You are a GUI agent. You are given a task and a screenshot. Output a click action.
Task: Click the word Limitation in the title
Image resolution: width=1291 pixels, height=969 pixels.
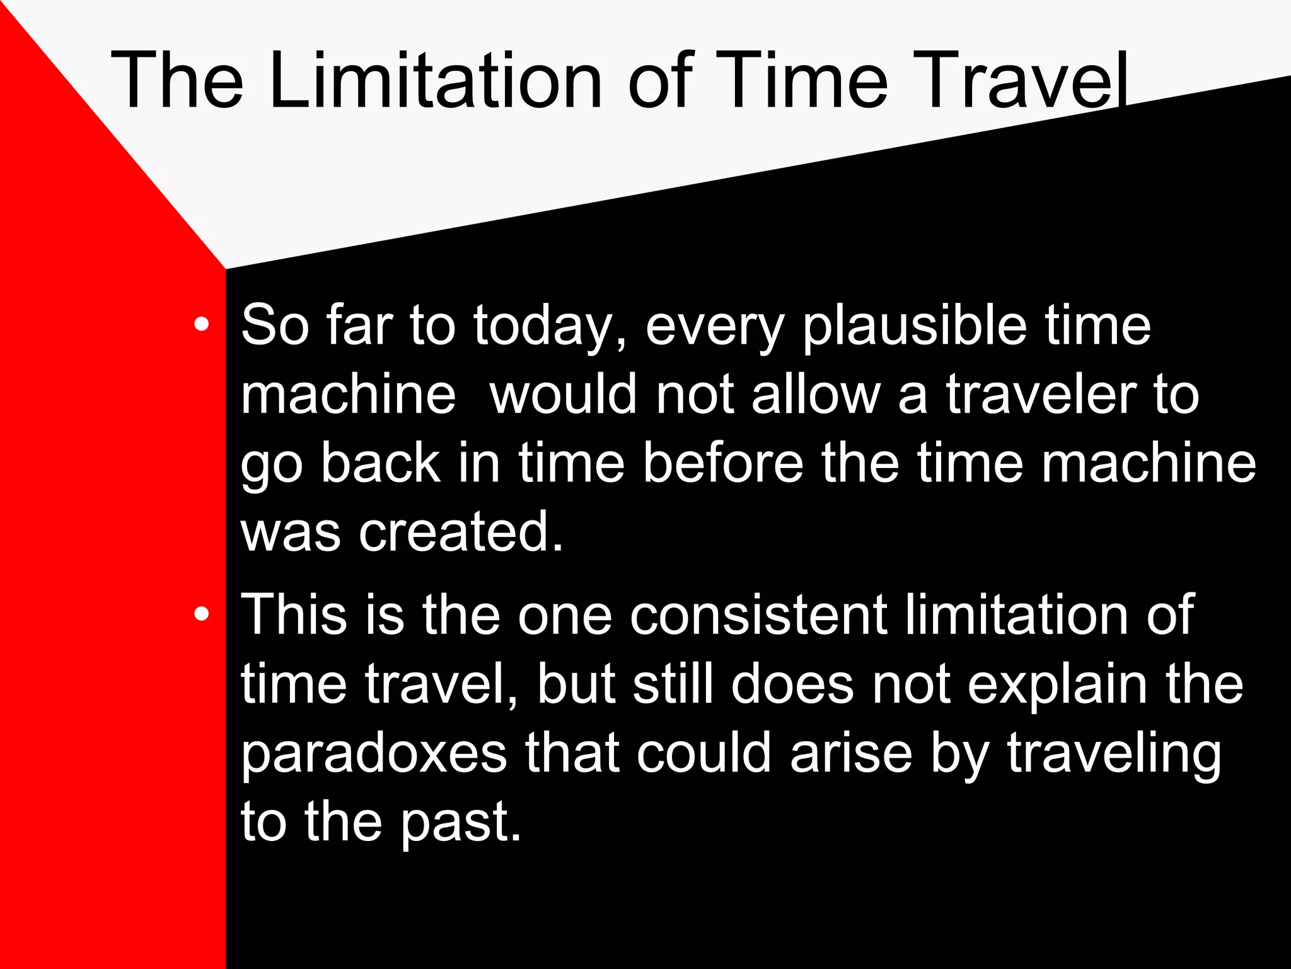coord(435,81)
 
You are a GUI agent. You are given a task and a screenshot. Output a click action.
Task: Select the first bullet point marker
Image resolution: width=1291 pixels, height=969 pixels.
coord(202,324)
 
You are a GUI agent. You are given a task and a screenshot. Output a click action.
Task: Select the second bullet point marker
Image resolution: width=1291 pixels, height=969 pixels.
coord(202,614)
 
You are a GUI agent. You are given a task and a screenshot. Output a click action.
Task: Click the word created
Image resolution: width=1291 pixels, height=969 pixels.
coord(460,532)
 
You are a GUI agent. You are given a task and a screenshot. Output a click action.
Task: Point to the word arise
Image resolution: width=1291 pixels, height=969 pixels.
coord(851,753)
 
